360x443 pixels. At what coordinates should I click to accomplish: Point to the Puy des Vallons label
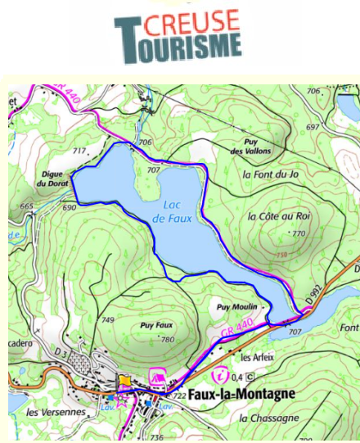tap(250, 147)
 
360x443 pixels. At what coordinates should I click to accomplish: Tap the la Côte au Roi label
tap(279, 216)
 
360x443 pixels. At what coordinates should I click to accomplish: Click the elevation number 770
tap(298, 233)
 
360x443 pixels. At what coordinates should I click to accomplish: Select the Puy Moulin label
tap(237, 306)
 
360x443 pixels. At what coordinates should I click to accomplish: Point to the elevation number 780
tap(168, 339)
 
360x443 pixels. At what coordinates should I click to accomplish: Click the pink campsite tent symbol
tap(157, 377)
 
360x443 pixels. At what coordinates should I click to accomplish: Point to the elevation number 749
tap(107, 319)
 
